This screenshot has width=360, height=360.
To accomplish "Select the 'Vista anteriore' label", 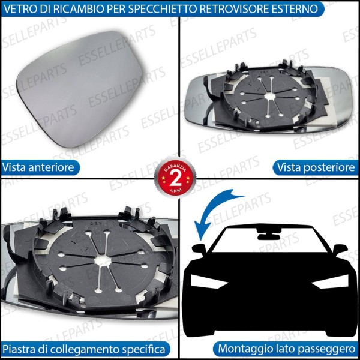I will point(39,167).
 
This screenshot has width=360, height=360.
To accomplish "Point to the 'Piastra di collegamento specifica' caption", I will point(84,349).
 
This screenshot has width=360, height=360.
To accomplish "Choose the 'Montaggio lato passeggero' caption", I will point(286,349).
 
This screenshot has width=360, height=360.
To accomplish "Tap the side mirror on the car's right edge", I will point(340,248).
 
